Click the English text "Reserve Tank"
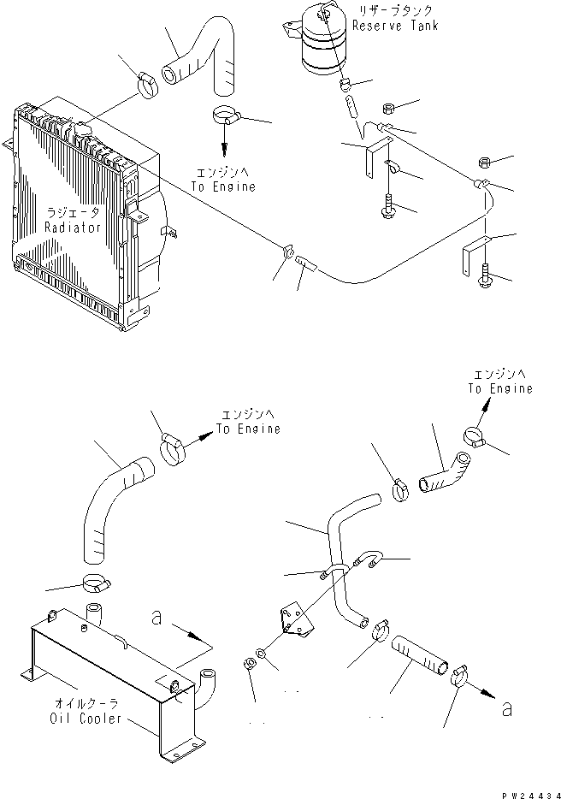pyautogui.click(x=400, y=27)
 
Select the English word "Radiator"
pyautogui.click(x=74, y=228)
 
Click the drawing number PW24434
pyautogui.click(x=524, y=791)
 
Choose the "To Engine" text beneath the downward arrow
pyautogui.click(x=225, y=186)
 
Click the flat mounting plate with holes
pyautogui.click(x=292, y=620)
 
